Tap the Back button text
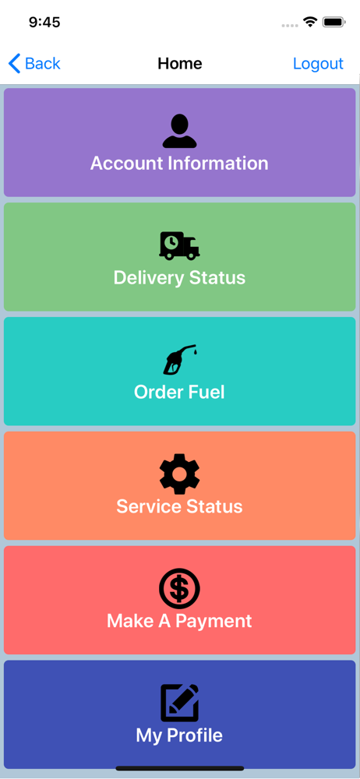pyautogui.click(x=43, y=64)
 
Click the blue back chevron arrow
pyautogui.click(x=15, y=64)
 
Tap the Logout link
pyautogui.click(x=318, y=64)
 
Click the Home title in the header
pyautogui.click(x=180, y=64)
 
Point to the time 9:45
pyautogui.click(x=44, y=22)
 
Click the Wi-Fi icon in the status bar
pyautogui.click(x=311, y=21)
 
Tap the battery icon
pyautogui.click(x=334, y=22)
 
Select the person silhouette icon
pyautogui.click(x=179, y=131)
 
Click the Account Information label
pyautogui.click(x=179, y=164)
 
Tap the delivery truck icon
pyautogui.click(x=179, y=245)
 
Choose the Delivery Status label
pyautogui.click(x=179, y=277)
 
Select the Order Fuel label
pyautogui.click(x=179, y=392)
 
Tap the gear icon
pyautogui.click(x=179, y=474)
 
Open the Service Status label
pyautogui.click(x=179, y=506)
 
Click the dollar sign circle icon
pyautogui.click(x=179, y=588)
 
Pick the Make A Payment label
pyautogui.click(x=179, y=621)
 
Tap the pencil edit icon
pyautogui.click(x=179, y=703)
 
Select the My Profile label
pyautogui.click(x=179, y=735)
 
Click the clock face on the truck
pyautogui.click(x=171, y=242)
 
